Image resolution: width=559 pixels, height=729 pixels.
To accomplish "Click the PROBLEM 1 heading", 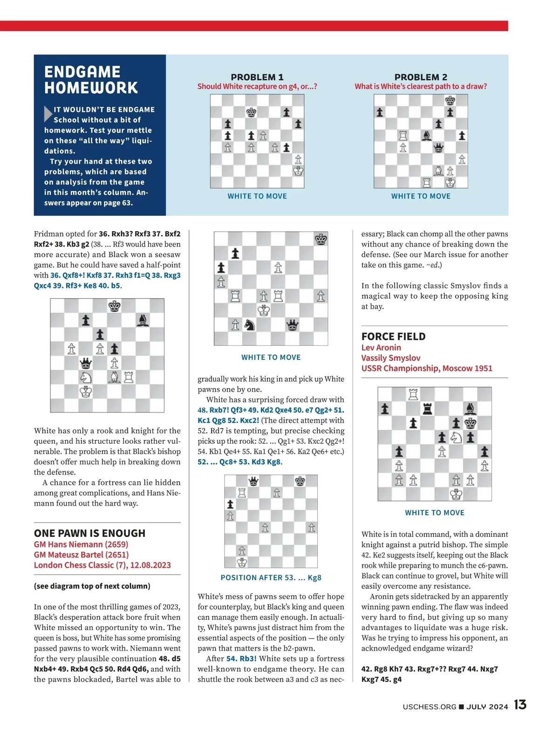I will (x=257, y=77).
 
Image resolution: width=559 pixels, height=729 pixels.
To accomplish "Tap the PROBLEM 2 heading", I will (x=421, y=77).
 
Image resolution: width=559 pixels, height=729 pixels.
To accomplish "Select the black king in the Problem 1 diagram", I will (x=251, y=112).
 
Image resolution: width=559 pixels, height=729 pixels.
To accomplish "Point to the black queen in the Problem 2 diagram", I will (x=438, y=148).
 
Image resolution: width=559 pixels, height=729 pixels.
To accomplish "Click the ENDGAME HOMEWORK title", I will (x=91, y=80).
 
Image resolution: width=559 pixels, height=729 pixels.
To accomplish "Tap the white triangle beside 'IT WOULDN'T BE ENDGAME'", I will (x=48, y=113).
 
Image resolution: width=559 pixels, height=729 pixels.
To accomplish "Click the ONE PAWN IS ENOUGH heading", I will (x=89, y=533).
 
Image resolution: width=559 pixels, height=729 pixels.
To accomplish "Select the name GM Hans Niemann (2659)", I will (x=81, y=544).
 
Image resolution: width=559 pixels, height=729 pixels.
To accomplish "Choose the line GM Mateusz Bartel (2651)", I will (x=81, y=555).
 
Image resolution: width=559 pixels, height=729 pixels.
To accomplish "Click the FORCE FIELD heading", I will (x=393, y=337).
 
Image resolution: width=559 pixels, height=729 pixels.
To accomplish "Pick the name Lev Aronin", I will (x=381, y=348).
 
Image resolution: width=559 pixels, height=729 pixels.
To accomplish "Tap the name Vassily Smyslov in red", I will (x=391, y=358).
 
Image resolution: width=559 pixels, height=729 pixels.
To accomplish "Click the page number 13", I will (x=520, y=705).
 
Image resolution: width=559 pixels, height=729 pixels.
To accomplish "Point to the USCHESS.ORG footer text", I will (x=429, y=707).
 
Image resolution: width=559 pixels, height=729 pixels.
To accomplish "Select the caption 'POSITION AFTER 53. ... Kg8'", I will (x=271, y=578).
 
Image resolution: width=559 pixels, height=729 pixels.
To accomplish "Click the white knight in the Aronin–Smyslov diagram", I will (x=456, y=437).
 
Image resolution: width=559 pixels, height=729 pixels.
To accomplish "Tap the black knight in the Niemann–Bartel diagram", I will (x=250, y=324).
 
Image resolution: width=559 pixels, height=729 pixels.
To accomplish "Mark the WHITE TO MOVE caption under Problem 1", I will (x=257, y=196).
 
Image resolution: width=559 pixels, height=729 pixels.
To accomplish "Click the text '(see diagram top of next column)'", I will (x=92, y=586).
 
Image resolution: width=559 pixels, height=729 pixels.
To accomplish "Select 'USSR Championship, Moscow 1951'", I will (x=427, y=368).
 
